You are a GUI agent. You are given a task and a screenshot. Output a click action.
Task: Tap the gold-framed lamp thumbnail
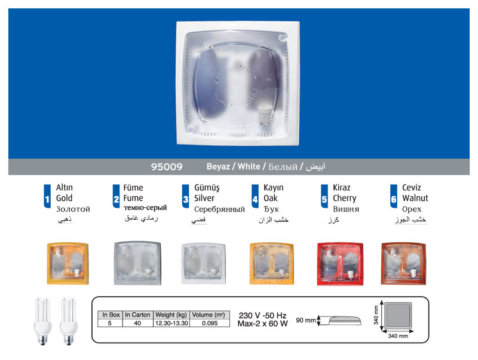(x=68, y=261)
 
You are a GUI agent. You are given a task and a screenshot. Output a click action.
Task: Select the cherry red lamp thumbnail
(x=341, y=261)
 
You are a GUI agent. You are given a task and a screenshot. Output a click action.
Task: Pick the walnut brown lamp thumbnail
(x=404, y=261)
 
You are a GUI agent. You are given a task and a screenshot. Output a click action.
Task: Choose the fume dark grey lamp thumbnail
(x=137, y=261)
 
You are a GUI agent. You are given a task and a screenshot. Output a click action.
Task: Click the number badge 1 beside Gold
(x=47, y=199)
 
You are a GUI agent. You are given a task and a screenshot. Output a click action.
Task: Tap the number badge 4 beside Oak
(x=255, y=199)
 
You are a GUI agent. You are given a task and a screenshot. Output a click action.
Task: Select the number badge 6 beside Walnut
(x=394, y=199)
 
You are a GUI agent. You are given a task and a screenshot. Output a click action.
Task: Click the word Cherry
(x=345, y=198)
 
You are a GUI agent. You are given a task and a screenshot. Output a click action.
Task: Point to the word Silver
(x=204, y=198)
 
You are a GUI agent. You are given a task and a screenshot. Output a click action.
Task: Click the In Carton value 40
(x=137, y=323)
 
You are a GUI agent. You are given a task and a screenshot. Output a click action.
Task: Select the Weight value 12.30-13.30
(x=172, y=323)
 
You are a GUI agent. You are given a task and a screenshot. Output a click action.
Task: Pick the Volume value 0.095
(x=209, y=323)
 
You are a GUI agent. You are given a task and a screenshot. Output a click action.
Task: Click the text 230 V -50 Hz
(x=262, y=315)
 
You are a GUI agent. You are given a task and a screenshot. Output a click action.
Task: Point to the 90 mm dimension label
(x=305, y=321)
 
